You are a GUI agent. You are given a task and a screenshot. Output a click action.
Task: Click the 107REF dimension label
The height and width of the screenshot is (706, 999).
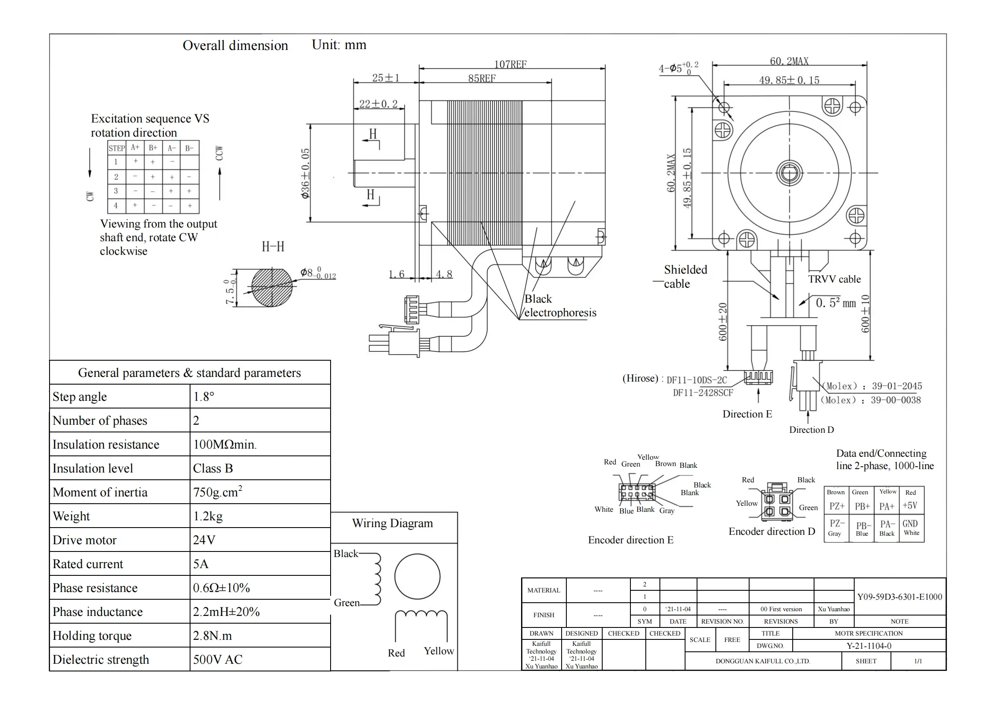(x=510, y=64)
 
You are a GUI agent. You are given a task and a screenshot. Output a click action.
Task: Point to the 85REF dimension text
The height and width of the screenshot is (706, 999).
(x=482, y=79)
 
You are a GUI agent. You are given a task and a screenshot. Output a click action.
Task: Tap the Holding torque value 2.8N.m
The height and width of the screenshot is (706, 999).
(x=212, y=636)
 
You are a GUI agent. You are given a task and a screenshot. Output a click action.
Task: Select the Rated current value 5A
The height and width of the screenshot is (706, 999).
(x=201, y=564)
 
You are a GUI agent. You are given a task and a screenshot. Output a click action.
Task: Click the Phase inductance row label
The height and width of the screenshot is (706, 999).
(x=97, y=612)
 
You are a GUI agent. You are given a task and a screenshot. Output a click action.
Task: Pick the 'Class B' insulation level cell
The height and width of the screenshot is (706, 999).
(x=213, y=468)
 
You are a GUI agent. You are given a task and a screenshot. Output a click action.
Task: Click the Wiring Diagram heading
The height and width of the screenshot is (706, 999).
(x=393, y=523)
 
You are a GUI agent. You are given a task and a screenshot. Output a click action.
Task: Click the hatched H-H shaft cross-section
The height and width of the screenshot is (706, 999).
(x=272, y=287)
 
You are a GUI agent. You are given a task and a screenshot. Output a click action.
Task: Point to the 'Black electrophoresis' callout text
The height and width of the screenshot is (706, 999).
(x=560, y=306)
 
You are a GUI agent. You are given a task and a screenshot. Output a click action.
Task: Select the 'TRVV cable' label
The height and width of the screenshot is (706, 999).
(x=834, y=279)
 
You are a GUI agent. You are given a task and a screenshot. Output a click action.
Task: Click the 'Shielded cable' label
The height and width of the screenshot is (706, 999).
(x=685, y=277)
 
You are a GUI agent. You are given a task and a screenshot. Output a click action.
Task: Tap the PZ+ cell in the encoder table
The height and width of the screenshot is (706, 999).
(x=837, y=506)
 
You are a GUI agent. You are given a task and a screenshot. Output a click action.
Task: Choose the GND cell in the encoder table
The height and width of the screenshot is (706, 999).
(x=910, y=523)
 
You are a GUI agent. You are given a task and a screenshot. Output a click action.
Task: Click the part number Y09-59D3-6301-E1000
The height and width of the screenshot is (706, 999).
(x=899, y=597)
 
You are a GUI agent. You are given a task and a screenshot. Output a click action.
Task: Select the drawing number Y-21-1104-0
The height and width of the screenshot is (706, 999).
(x=868, y=646)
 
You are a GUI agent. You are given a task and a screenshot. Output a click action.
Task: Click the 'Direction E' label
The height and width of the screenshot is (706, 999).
(x=747, y=414)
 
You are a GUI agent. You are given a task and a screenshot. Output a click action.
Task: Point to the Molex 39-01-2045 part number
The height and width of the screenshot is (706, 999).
(x=896, y=386)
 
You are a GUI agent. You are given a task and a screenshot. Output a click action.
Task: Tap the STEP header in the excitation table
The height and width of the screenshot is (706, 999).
(x=117, y=148)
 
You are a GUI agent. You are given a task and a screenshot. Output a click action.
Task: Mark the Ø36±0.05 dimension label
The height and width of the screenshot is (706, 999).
(x=305, y=173)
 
